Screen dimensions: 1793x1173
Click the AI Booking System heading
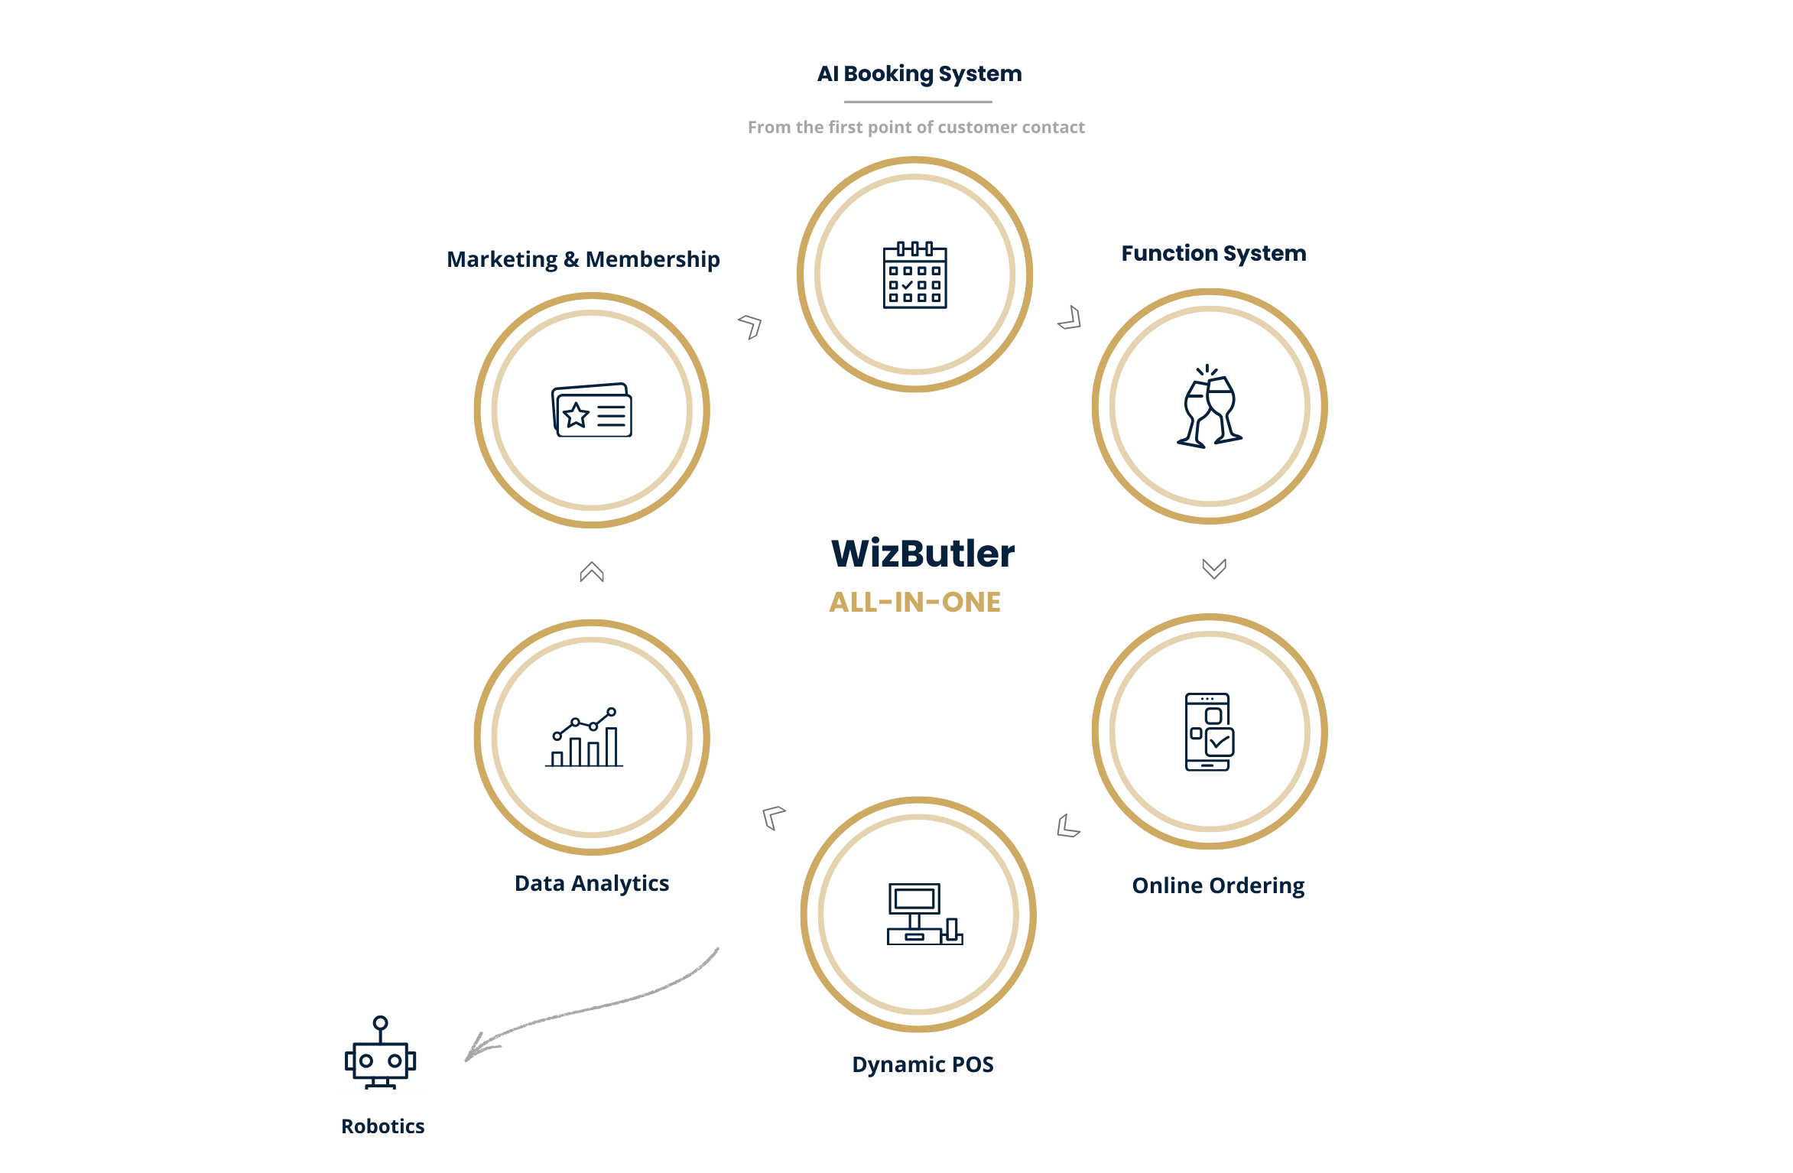click(x=919, y=74)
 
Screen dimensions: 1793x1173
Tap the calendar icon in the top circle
click(x=914, y=275)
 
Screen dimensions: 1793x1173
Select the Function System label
click(x=1213, y=253)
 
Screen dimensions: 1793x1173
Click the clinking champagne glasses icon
click(x=1210, y=406)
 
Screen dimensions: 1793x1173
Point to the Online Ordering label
click(x=1218, y=885)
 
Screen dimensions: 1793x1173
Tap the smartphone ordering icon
click(x=1210, y=732)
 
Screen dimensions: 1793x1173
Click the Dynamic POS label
click(x=922, y=1064)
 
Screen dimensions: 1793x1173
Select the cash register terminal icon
click(x=924, y=914)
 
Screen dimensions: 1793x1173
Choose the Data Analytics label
click(x=592, y=883)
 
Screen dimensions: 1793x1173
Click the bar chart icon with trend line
click(x=584, y=737)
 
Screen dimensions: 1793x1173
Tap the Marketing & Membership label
click(x=583, y=259)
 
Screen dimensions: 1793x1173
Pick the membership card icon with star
click(x=592, y=410)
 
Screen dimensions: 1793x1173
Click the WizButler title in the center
click(x=923, y=553)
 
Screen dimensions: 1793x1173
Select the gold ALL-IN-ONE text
click(x=915, y=603)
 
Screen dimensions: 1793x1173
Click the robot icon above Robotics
click(x=380, y=1052)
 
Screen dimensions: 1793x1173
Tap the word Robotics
click(x=382, y=1126)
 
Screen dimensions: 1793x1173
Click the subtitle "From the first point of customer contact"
click(x=916, y=127)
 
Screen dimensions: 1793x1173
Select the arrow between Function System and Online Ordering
click(x=1214, y=568)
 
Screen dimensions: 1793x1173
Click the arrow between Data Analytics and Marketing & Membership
click(x=592, y=572)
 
